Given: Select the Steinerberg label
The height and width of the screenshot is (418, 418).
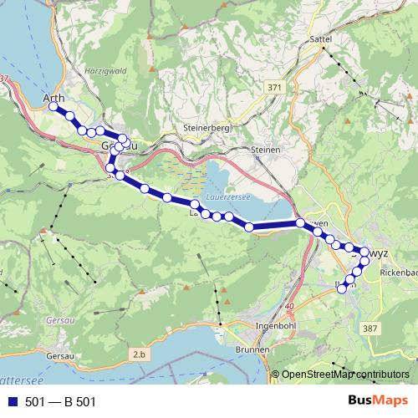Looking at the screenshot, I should coord(205,128).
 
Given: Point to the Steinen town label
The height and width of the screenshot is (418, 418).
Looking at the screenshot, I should coord(265,150).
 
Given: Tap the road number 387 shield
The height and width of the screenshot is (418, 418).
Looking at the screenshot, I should coord(370,329).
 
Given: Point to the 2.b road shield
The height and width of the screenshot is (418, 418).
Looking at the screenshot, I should coord(138,356).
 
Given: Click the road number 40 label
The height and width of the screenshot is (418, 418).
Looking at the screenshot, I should coord(289,307).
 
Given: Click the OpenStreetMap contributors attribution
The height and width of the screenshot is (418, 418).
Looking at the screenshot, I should coord(344,375).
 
